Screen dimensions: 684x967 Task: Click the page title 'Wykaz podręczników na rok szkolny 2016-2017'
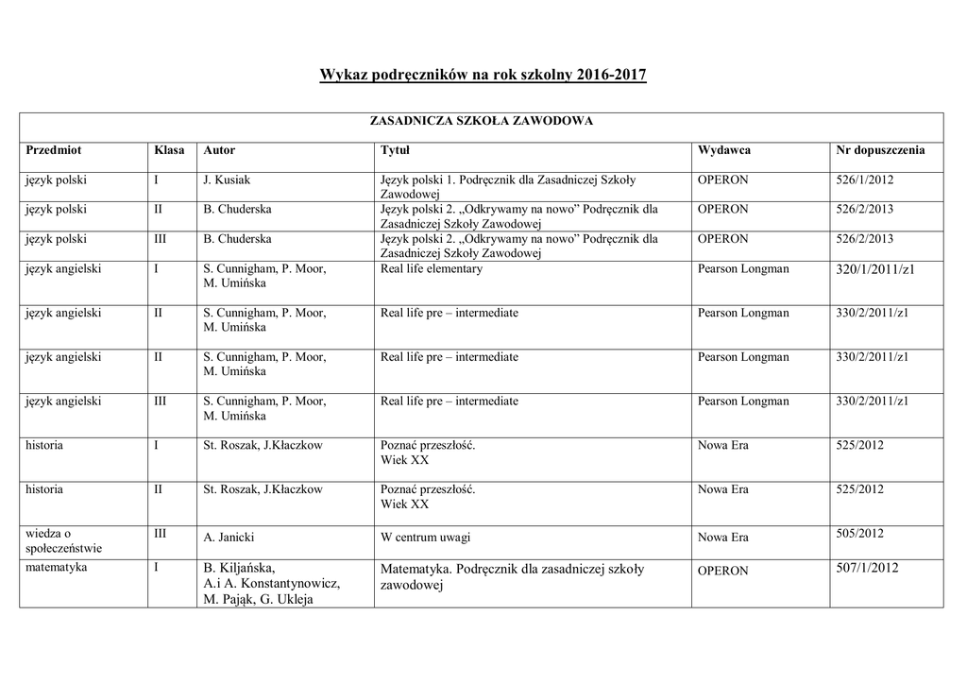click(483, 75)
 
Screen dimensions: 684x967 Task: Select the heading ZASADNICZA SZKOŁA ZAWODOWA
click(481, 122)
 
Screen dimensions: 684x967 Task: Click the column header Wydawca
click(724, 150)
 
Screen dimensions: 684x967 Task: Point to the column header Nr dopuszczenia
click(880, 150)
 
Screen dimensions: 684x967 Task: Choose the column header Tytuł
click(395, 150)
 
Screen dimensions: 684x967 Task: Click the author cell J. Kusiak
click(227, 180)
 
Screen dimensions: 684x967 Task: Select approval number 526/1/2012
click(865, 180)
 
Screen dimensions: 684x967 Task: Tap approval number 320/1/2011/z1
click(875, 269)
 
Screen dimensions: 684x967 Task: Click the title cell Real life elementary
click(431, 269)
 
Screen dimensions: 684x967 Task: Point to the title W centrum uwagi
click(425, 538)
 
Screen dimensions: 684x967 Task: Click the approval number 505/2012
click(859, 534)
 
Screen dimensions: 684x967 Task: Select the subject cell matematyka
click(57, 568)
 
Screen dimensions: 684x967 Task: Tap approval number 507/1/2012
click(867, 568)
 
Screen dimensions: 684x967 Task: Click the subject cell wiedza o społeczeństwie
click(64, 540)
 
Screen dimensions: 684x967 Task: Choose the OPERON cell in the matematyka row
click(722, 571)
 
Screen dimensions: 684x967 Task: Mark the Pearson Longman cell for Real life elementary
click(743, 269)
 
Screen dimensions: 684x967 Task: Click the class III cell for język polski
click(161, 239)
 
